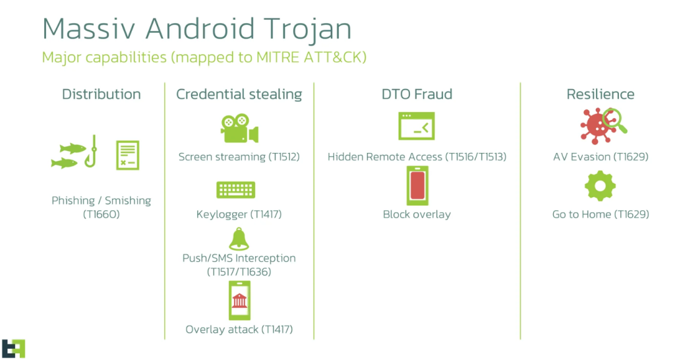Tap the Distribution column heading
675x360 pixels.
[101, 94]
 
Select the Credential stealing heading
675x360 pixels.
[239, 94]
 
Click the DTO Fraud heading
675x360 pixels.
[417, 94]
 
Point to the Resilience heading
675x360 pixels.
[601, 94]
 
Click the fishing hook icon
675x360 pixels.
[92, 152]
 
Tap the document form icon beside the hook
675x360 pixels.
[127, 155]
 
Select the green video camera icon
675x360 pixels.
[239, 129]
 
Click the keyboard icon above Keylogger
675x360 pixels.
[235, 189]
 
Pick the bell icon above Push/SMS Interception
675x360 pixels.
[239, 239]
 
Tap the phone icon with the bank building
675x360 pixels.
[239, 301]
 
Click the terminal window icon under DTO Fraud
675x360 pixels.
[417, 126]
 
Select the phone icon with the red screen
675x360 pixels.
[417, 185]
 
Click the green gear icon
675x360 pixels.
[600, 186]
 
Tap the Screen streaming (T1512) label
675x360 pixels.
[239, 157]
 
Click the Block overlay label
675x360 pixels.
[417, 214]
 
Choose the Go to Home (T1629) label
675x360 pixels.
[601, 214]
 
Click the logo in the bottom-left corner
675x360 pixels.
[13, 348]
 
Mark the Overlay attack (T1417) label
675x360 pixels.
[239, 330]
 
